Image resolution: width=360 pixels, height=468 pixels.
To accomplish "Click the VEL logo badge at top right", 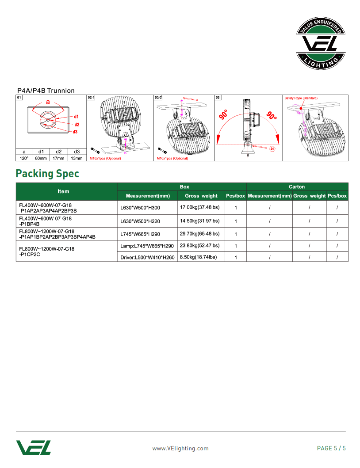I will coord(320,44).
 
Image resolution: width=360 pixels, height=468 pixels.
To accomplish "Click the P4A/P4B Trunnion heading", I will coord(46,91).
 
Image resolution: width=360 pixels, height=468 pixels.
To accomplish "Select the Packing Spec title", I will coord(47,173).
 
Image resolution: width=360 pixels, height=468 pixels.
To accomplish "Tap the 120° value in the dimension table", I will coord(24,158).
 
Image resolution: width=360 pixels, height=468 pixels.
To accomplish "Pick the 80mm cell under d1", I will coord(41,158).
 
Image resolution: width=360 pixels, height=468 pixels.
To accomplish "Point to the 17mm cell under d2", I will coord(58,158).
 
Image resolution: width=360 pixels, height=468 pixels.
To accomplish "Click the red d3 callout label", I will coord(76,132).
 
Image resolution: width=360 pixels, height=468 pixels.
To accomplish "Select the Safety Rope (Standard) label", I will coord(301,98).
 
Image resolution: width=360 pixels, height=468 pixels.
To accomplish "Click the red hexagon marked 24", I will coord(272,148).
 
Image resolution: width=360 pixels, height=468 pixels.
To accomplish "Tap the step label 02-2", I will coord(158,97).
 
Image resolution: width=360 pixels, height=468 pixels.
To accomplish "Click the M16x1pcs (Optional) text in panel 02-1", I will coord(105,158).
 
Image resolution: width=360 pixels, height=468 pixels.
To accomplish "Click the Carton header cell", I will coord(297,187).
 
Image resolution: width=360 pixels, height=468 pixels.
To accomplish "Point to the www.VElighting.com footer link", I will coord(180,448).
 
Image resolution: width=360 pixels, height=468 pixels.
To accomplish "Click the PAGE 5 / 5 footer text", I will coord(331,448).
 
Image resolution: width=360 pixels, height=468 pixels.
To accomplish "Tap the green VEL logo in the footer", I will coord(34,447).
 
